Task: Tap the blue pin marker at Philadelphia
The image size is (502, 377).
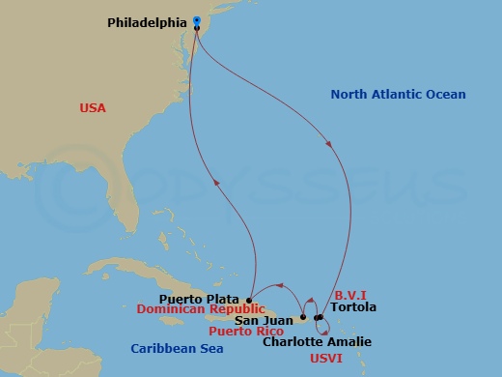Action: [x=196, y=19]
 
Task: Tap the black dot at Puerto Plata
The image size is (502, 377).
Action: [x=249, y=299]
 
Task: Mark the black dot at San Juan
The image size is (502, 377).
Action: [x=303, y=317]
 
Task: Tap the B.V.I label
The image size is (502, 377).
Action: [x=349, y=296]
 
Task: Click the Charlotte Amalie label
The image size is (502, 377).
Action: [x=317, y=342]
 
